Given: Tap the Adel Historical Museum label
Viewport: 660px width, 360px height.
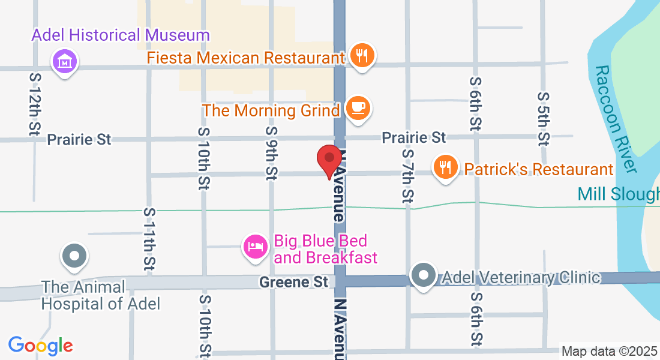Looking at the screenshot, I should click(x=121, y=35).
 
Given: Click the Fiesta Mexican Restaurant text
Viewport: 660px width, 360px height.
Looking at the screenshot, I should click(x=246, y=58).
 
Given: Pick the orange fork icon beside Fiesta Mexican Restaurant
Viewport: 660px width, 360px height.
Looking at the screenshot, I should click(x=361, y=56).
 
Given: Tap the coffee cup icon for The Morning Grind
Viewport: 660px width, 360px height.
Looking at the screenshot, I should click(x=358, y=108).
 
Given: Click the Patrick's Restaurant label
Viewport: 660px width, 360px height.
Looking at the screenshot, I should click(x=539, y=169).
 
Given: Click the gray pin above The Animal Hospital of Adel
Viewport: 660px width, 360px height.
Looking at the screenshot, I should click(x=74, y=256).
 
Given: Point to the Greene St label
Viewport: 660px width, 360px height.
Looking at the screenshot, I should click(x=294, y=281).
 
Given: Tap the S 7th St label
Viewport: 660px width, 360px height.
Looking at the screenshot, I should click(x=409, y=175).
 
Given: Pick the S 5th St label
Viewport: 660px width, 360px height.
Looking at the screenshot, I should click(x=544, y=118).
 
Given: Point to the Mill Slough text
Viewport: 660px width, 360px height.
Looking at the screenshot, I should click(x=618, y=194).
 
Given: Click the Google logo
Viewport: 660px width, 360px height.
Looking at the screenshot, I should click(x=40, y=346).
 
